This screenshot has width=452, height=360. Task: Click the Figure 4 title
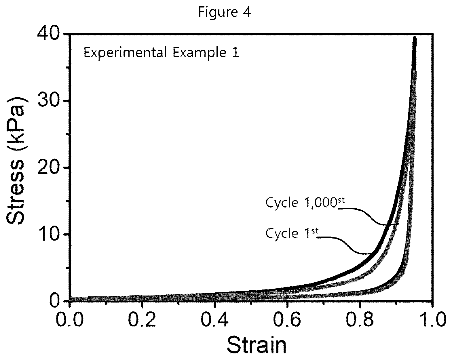[x=224, y=12]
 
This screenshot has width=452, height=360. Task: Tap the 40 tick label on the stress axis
[x=49, y=34]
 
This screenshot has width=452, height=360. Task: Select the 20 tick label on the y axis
[x=49, y=168]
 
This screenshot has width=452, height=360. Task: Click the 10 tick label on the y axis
[x=49, y=234]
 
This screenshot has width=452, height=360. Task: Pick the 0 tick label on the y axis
[x=55, y=301]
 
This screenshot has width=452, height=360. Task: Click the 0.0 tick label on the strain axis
[x=69, y=319]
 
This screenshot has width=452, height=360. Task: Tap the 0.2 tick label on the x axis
[x=142, y=319]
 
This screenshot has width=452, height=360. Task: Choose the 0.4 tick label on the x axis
[x=214, y=319]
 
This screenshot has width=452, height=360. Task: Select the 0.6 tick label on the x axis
[x=287, y=319]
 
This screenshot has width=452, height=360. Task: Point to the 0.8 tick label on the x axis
[x=360, y=319]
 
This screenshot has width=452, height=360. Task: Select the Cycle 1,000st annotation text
[x=305, y=203]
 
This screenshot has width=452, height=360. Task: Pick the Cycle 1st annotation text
[x=292, y=233]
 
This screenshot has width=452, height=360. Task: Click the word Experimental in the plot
[x=125, y=52]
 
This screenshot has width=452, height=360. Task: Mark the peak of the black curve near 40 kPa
[x=415, y=38]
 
